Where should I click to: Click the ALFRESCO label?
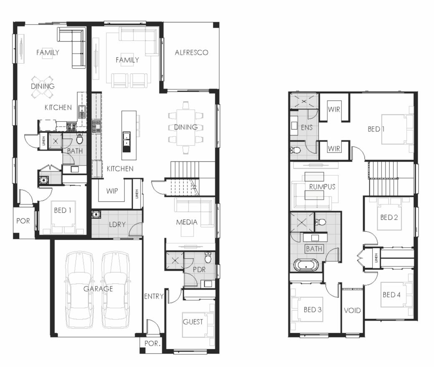coord(191,53)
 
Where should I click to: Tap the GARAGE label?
coord(98,289)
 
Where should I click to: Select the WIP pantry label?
coord(112,191)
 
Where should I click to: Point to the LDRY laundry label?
coord(117,224)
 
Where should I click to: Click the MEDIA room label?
coord(187,222)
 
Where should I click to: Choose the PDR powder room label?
coord(199,269)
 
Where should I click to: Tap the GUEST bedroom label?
coord(193,322)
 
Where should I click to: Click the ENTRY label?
coord(154,297)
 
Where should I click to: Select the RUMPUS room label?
coord(322,187)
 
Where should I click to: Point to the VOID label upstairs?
coord(352,310)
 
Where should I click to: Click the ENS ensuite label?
coord(306,128)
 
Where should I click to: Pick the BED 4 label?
coord(391,295)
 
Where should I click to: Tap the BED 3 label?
coord(313,309)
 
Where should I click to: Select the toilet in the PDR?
coord(208,257)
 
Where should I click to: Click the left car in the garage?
coord(79,290)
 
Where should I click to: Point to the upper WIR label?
coord(334,109)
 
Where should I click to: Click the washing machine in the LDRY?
coord(96,215)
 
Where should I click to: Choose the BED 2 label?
coord(389,217)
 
